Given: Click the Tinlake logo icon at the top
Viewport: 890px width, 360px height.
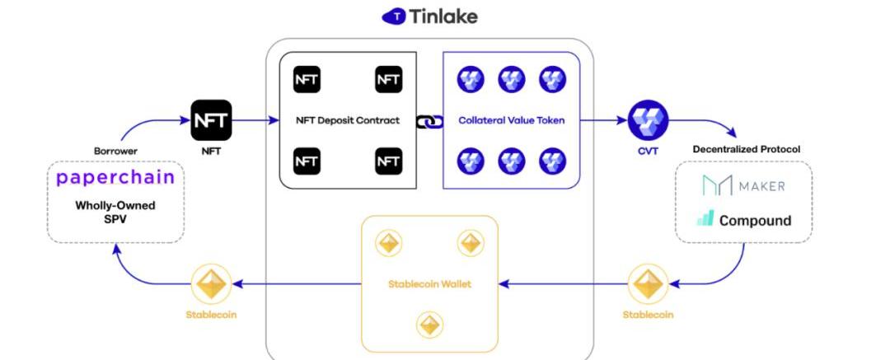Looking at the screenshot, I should tap(394, 16).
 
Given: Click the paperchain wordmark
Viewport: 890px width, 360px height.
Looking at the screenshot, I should tap(115, 177).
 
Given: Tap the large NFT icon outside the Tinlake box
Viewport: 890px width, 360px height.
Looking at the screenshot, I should tap(212, 120).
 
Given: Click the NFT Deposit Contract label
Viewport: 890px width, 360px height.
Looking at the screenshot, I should tap(348, 120).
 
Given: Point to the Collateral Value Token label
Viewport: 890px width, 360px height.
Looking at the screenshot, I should tap(512, 120).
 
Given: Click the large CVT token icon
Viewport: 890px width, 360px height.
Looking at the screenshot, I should tap(648, 120).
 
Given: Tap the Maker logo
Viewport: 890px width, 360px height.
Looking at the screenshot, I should tap(743, 185).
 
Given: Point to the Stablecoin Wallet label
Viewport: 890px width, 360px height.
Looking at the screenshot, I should tap(429, 284).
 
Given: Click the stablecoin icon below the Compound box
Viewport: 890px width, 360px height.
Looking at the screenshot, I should tap(648, 285).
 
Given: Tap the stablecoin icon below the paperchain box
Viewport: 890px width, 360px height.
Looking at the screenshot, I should tap(210, 285).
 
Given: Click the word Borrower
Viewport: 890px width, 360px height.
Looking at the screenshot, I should tap(115, 152).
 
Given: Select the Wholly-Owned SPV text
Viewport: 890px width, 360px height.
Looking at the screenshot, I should tap(115, 213).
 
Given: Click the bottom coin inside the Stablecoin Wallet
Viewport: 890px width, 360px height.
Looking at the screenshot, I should tap(429, 325).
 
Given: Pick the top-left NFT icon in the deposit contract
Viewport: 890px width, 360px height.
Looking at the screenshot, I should tap(307, 80).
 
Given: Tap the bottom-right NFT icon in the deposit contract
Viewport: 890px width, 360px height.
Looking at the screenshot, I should tap(388, 161).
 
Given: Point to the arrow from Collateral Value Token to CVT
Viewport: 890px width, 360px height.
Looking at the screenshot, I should tap(602, 120).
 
